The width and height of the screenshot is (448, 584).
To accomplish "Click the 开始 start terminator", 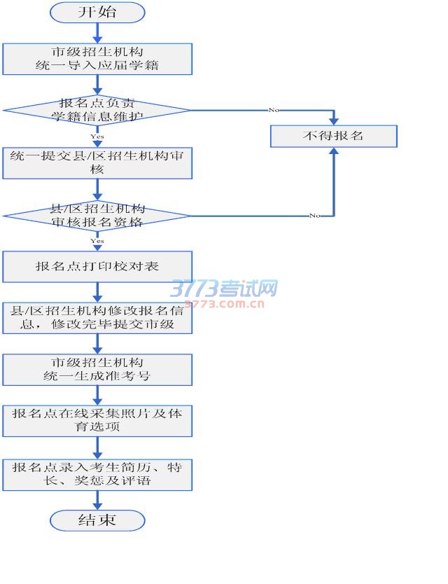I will (97, 12).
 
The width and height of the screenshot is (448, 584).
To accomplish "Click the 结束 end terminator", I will (97, 520).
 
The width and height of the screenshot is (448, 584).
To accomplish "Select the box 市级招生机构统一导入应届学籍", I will (97, 59).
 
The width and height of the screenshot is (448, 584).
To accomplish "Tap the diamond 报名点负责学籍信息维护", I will (97, 110).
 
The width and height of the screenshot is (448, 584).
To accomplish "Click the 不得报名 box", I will (333, 136).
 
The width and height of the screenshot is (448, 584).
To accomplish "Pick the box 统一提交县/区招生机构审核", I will (97, 162).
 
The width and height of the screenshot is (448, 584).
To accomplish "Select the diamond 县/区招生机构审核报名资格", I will (97, 216).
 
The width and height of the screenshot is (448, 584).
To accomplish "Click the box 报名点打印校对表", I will (97, 267).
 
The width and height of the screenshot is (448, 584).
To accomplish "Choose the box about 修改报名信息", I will (97, 318).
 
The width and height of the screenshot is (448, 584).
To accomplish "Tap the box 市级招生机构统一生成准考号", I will (97, 369).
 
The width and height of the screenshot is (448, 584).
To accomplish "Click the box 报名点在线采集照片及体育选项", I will (97, 420).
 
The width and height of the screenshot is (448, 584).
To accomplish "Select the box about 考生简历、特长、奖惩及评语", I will (97, 474).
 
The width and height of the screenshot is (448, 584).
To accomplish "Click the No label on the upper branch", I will (273, 110).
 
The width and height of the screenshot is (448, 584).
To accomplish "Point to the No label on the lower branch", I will (315, 216).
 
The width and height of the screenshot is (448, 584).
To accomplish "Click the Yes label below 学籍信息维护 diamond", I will (97, 137).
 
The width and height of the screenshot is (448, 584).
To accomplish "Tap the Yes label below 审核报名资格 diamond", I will (97, 241).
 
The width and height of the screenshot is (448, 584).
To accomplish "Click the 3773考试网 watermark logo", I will (224, 288).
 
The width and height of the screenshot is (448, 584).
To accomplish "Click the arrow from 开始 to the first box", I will (97, 32).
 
